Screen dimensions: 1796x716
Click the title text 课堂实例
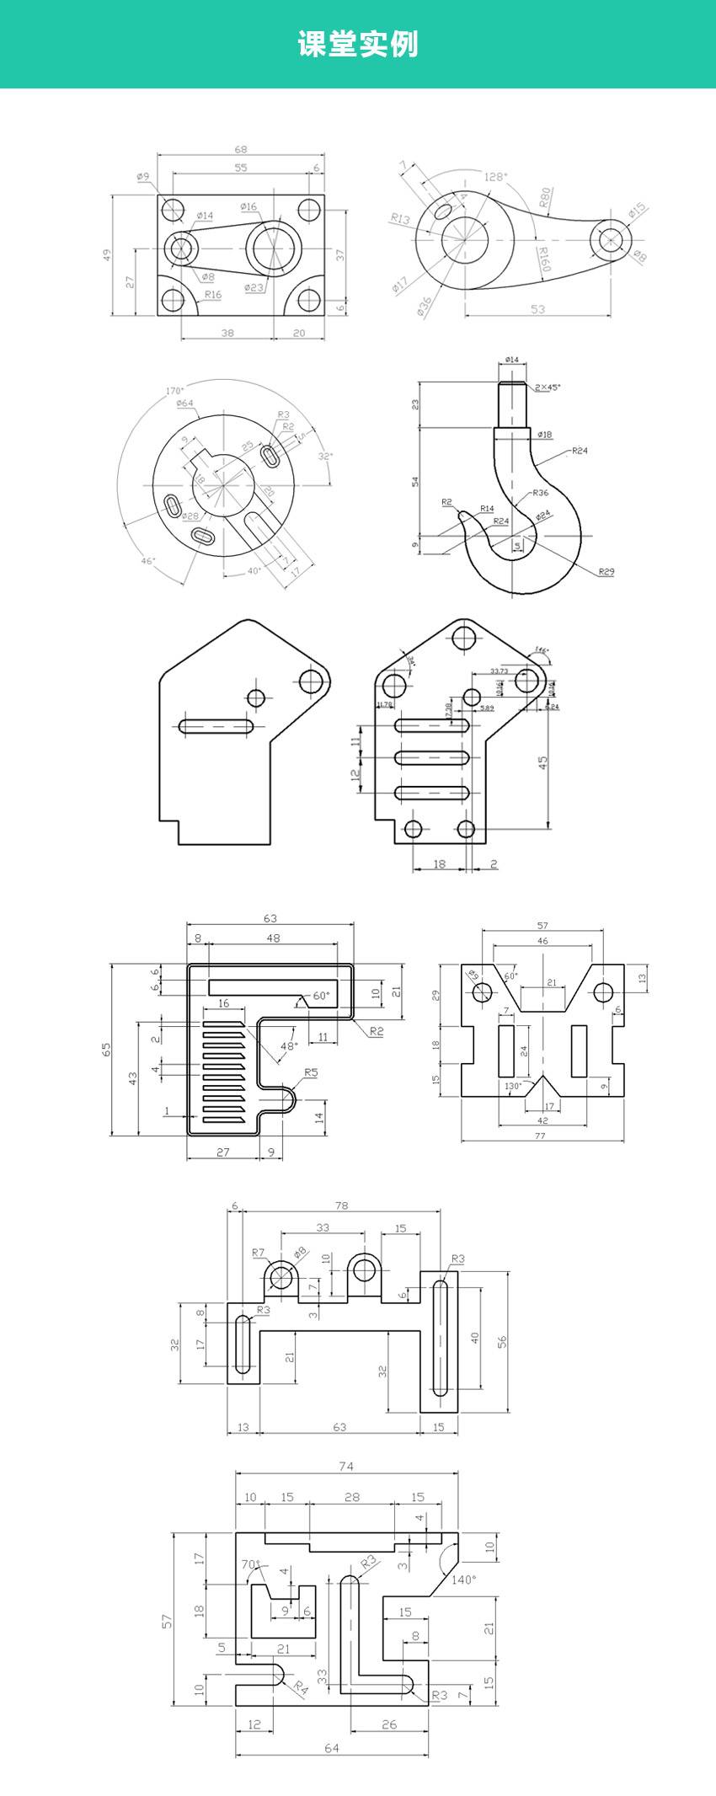pos(358,43)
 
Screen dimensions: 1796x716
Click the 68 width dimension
pos(241,149)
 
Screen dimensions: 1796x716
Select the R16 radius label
pos(213,294)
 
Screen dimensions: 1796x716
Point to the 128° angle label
pos(495,177)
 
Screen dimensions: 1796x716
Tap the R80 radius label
pos(545,198)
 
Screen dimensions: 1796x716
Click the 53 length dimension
pos(537,309)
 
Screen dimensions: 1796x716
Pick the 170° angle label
pos(174,391)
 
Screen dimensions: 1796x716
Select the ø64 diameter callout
pos(184,404)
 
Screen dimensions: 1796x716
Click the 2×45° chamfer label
pos(548,387)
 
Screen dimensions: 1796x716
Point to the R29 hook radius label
pos(606,571)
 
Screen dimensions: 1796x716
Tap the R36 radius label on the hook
pos(540,492)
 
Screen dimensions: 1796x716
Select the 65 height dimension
pos(107,1049)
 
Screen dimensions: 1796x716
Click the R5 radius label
pos(311,1072)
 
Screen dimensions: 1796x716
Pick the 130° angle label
pos(512,1086)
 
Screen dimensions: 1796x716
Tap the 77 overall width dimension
pos(540,1136)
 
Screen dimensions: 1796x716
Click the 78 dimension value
pos(341,1205)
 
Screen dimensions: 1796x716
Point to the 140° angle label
pos(462,1580)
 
